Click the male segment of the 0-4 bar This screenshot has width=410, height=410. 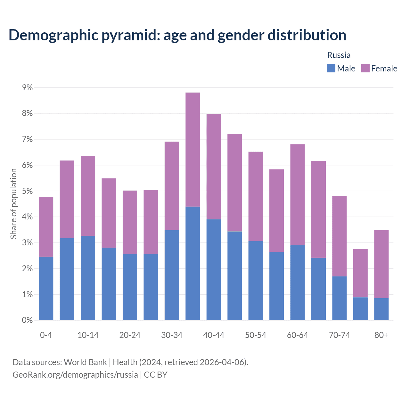click(46, 288)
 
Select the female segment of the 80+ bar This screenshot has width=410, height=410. click(381, 264)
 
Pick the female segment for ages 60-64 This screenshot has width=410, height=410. click(298, 195)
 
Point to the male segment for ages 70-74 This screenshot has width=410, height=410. click(340, 298)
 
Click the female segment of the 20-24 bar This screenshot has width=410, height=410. click(130, 222)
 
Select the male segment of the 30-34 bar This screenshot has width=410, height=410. click(172, 275)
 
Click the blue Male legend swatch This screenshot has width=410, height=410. click(331, 68)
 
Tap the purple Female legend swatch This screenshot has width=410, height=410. click(365, 68)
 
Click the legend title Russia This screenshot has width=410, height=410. click(339, 55)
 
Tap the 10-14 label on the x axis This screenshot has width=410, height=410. click(88, 335)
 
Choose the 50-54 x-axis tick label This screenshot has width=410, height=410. click(256, 335)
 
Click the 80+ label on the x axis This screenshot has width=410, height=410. click(381, 335)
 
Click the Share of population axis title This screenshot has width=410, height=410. click(13, 204)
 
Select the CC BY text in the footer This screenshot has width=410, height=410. click(156, 374)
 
